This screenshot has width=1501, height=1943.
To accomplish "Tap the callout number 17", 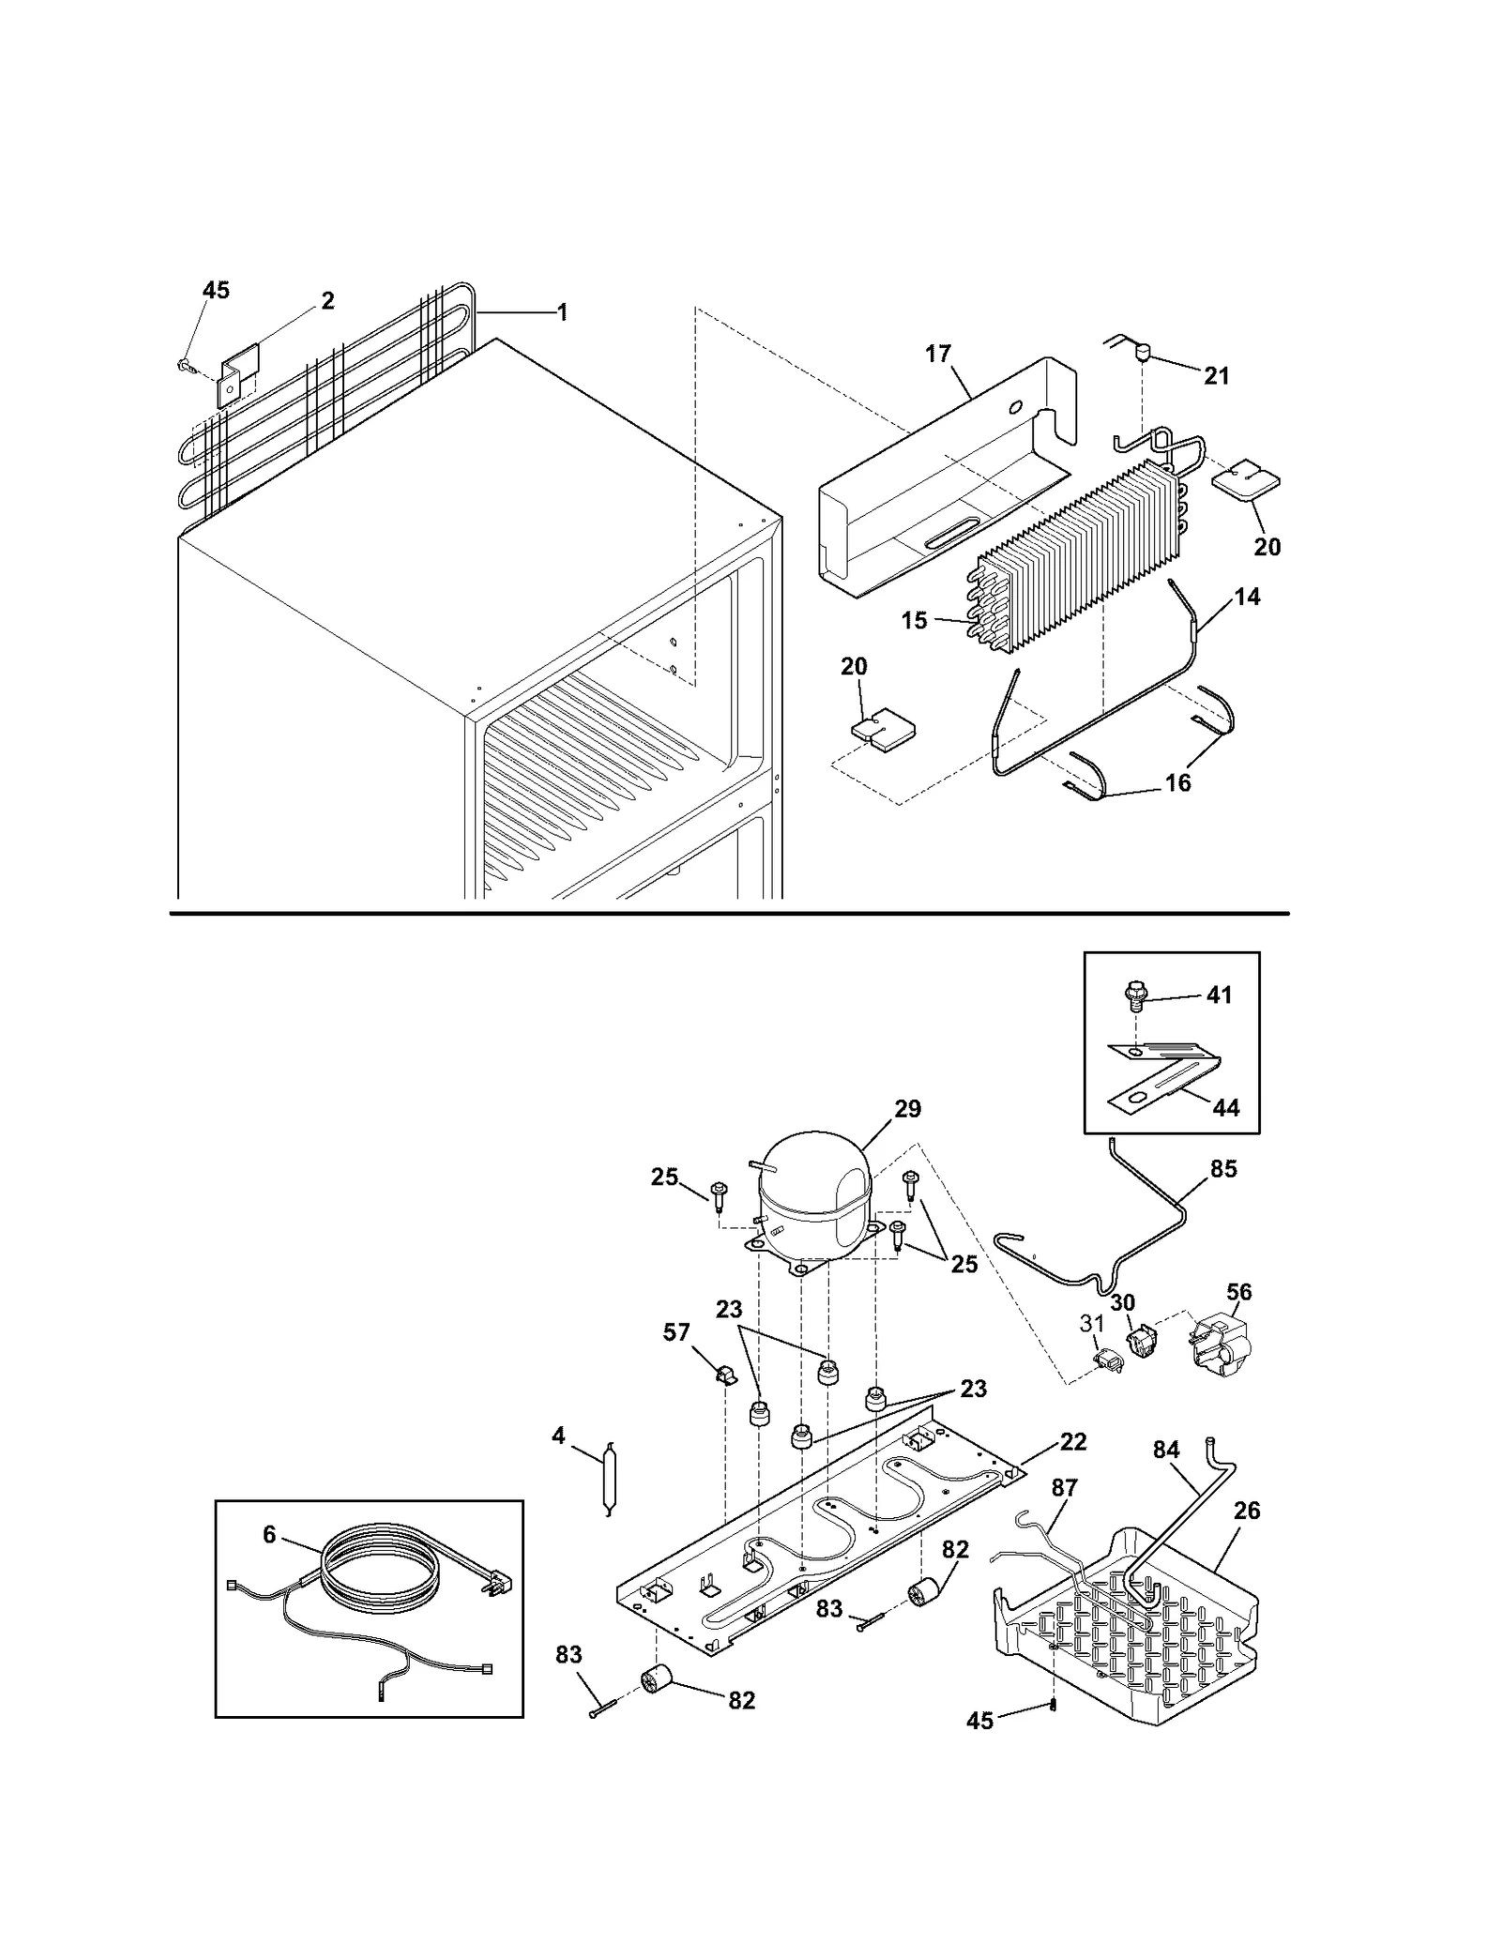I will pos(937,354).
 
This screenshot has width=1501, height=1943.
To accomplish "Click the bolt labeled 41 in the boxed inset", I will pos(1134,995).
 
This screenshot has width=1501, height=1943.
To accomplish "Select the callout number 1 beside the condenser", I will pos(562,312).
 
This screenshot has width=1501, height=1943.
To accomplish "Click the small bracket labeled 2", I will pos(238,374).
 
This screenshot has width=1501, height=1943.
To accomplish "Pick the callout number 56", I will pos(1238,1292).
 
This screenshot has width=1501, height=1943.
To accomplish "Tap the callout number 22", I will pos(1072,1442).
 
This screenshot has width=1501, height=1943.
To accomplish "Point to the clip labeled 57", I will pos(724,1376).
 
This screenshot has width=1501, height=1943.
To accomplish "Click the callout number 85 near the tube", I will pos(1223,1169).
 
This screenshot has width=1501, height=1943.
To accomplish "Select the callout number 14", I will pos(1247,597).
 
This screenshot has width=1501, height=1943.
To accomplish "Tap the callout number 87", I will pos(1064,1488).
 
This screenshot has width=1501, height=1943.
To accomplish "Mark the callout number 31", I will pos(1092,1324).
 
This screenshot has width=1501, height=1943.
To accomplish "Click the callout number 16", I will pos(1177,782).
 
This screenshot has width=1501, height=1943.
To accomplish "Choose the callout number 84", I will pos(1166,1450).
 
